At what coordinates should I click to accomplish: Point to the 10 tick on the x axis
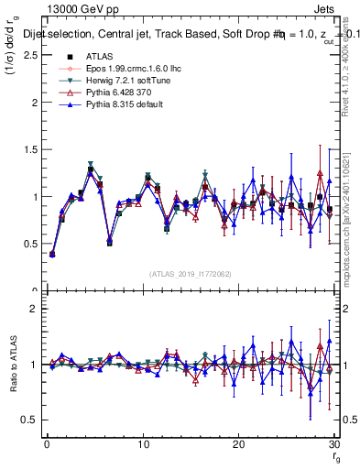pyautogui.click(x=143, y=444)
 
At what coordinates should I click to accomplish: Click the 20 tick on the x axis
pyautogui.click(x=238, y=444)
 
